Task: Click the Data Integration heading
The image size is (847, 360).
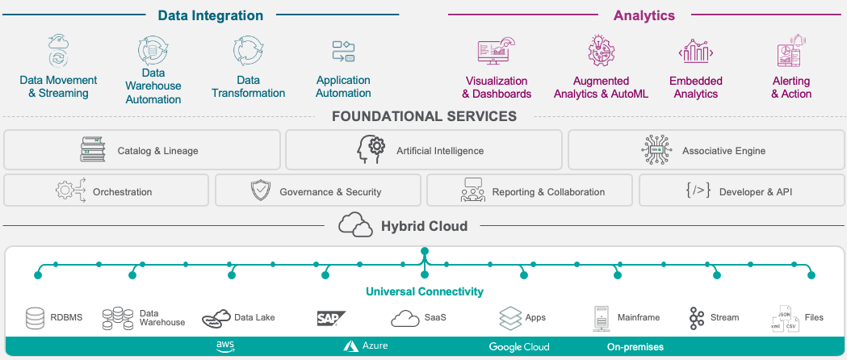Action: (211, 15)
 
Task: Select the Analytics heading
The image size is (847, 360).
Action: (644, 15)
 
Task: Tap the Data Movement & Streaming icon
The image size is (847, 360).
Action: (58, 50)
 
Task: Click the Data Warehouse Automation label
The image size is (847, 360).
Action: (153, 86)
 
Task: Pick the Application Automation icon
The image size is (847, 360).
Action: (343, 51)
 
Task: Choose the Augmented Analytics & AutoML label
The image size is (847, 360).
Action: (601, 87)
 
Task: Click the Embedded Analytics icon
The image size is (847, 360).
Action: (695, 52)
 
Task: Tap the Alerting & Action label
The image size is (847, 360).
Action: (790, 87)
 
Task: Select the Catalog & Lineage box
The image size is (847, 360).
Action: (142, 150)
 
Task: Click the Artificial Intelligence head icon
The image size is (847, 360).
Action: (371, 150)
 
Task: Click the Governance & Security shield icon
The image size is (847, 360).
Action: (260, 191)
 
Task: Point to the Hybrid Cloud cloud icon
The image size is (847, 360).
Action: (355, 225)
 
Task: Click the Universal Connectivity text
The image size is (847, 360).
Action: (424, 291)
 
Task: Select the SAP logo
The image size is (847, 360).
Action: (331, 318)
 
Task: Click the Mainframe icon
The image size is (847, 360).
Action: (600, 318)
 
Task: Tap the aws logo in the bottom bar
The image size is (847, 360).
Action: (225, 346)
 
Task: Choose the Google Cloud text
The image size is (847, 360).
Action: (518, 347)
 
